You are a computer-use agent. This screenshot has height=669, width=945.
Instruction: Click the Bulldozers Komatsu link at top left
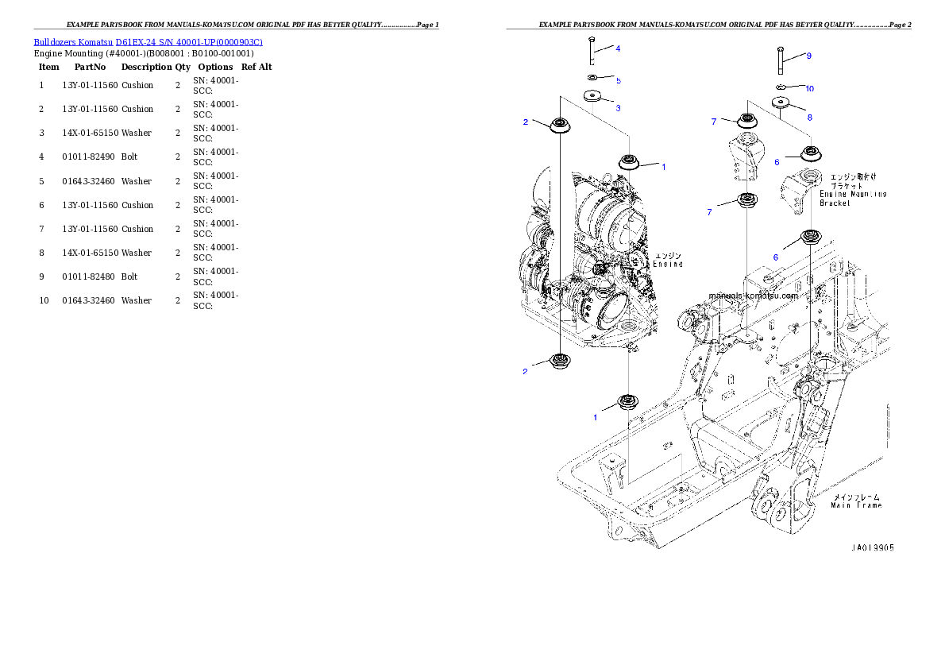click(148, 41)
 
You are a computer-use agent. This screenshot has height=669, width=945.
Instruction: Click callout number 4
click(618, 48)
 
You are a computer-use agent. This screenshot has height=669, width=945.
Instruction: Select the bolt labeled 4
click(592, 51)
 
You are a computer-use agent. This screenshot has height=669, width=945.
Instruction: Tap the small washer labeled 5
click(592, 77)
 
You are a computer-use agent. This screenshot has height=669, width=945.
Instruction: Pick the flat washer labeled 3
click(592, 96)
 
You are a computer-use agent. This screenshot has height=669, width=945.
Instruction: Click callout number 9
click(808, 56)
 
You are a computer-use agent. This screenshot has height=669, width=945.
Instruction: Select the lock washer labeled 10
click(781, 87)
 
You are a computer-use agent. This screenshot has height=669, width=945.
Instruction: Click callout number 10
click(809, 88)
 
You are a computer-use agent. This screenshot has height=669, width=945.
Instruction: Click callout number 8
click(809, 118)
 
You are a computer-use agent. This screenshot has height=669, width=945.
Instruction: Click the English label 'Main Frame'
click(856, 505)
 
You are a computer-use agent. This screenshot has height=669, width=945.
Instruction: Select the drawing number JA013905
click(872, 548)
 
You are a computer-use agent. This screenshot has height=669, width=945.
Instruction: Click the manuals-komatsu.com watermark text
click(753, 296)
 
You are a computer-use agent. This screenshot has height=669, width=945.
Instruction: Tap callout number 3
click(618, 107)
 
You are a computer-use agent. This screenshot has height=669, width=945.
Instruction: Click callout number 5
click(618, 81)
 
